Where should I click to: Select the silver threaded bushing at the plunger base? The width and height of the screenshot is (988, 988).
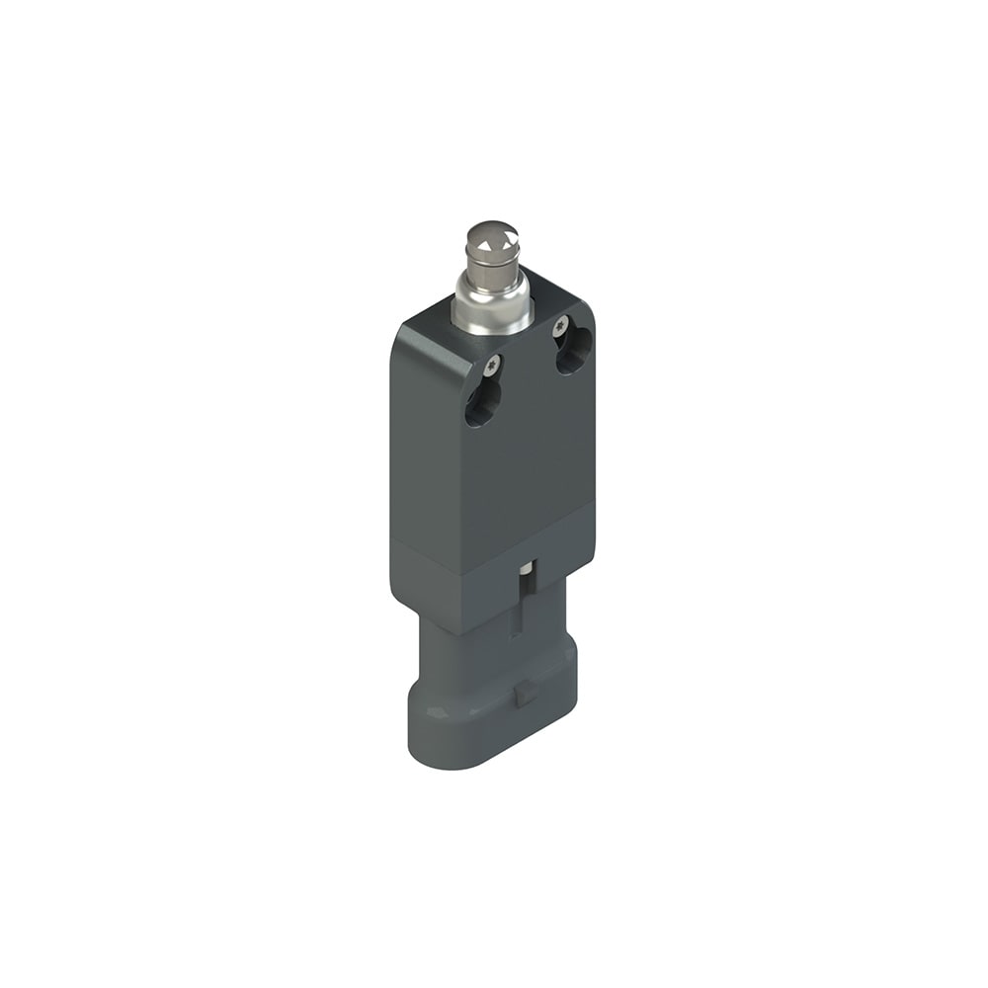(x=491, y=306)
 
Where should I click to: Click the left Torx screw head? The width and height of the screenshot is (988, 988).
(x=489, y=369)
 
